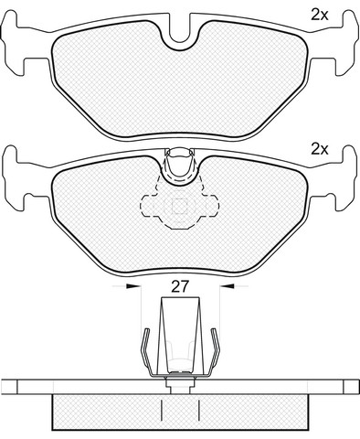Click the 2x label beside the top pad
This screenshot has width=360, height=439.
click(x=320, y=15)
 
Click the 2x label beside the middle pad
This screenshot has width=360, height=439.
click(x=320, y=149)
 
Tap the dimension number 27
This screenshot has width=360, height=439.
click(x=180, y=287)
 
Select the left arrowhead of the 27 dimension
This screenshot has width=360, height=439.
click(x=133, y=286)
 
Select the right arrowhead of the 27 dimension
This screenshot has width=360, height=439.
click(x=227, y=286)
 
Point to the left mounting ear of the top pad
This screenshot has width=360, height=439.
click(x=14, y=43)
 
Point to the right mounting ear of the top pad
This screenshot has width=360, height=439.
click(x=345, y=43)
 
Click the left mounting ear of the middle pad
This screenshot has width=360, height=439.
click(x=14, y=177)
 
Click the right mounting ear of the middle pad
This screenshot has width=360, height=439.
click(x=345, y=177)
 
